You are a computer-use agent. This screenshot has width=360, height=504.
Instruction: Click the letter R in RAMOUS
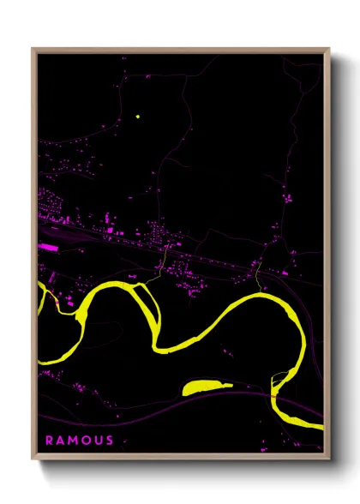pyautogui.click(x=49, y=441)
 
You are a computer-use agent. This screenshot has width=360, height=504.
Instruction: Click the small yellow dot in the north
pyautogui.click(x=136, y=116)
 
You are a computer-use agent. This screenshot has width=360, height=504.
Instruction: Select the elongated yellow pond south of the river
pyautogui.click(x=207, y=387)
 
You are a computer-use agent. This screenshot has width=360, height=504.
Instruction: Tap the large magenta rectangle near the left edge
pyautogui.click(x=49, y=247)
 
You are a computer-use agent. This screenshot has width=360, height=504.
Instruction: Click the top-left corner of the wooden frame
pyautogui.click(x=33, y=50)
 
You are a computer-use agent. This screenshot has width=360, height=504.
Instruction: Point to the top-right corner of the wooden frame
pyautogui.click(x=329, y=50)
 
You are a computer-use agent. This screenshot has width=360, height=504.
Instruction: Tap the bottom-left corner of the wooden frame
pyautogui.click(x=33, y=459)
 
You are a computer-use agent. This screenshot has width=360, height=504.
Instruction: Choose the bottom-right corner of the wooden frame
pyautogui.click(x=329, y=459)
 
